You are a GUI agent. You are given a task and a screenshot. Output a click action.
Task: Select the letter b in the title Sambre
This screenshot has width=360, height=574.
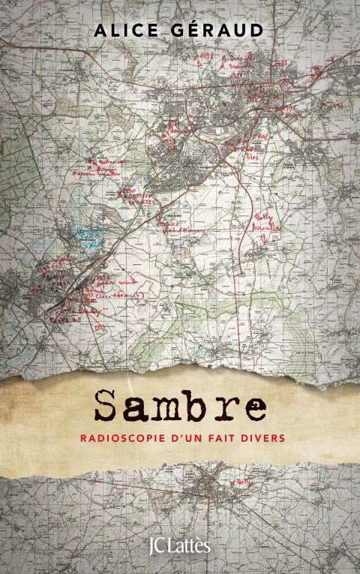pos(199,405)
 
